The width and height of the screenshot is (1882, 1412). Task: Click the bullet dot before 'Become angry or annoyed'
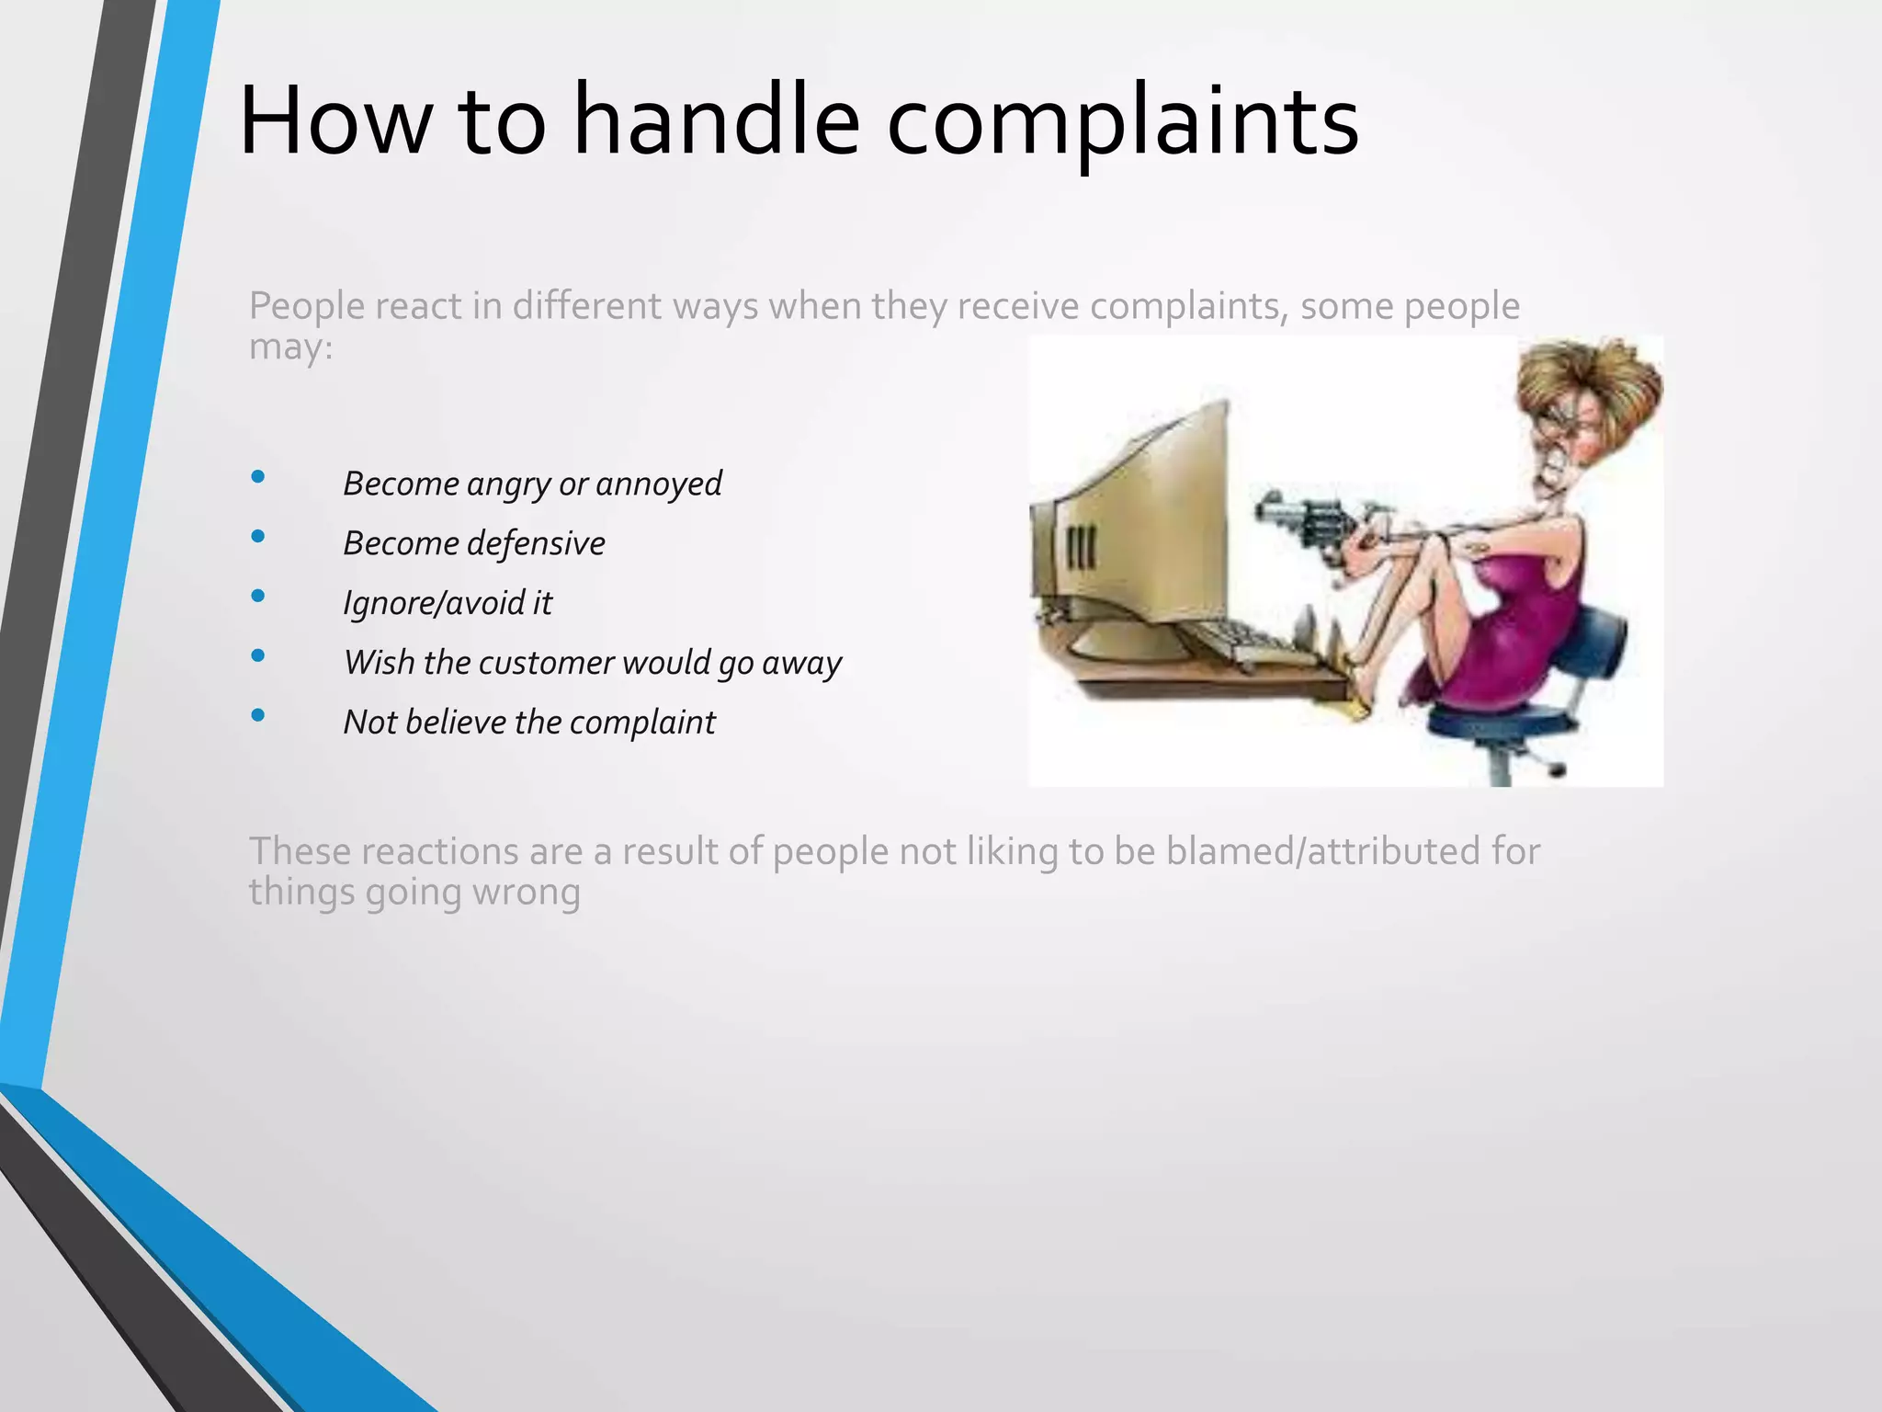pos(258,476)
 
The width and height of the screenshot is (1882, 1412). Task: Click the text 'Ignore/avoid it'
pos(448,603)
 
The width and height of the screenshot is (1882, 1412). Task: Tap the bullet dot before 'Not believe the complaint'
pos(258,715)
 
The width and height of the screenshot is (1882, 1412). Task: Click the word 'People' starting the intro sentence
pos(307,306)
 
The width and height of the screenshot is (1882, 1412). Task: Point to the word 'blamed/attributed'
pos(1324,851)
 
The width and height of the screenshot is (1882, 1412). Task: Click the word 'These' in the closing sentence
pos(299,851)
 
